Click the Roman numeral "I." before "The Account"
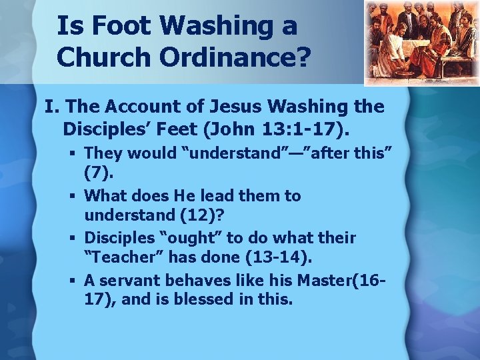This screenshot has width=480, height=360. point(51,106)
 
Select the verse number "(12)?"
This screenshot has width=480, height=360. point(193,216)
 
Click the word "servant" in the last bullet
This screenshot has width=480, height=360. point(129,280)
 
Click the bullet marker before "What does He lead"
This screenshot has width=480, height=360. point(75,196)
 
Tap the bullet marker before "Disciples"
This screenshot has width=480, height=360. point(75,239)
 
